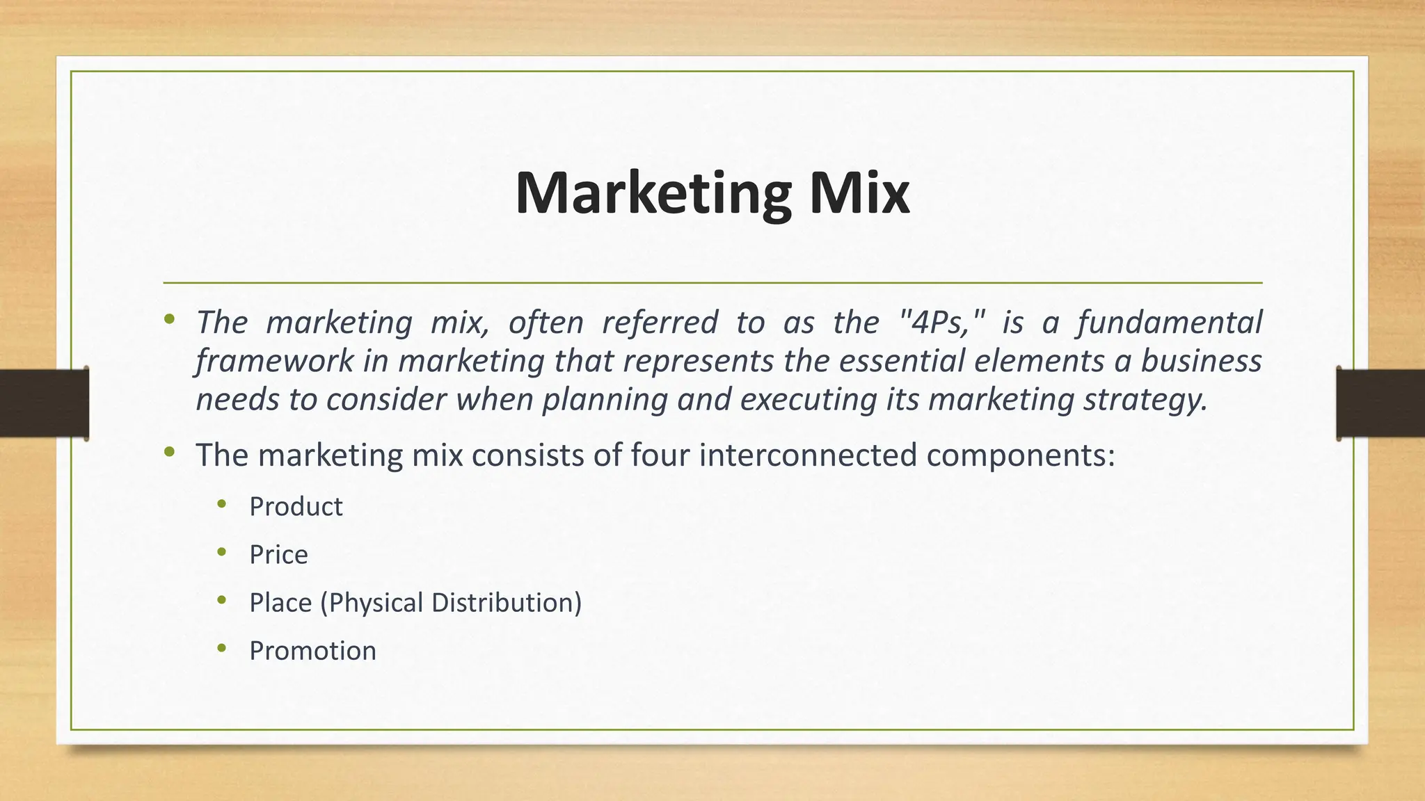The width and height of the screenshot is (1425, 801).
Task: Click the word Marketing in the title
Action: tap(653, 195)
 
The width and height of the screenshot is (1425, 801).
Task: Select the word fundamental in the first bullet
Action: tap(1170, 323)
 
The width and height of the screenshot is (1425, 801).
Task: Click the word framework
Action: tap(274, 362)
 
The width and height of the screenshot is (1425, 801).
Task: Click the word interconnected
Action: tap(808, 455)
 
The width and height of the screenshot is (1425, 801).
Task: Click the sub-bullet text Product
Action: tap(296, 507)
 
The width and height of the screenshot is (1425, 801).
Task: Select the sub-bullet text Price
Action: tap(278, 555)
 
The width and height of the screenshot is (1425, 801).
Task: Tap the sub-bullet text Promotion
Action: tap(312, 652)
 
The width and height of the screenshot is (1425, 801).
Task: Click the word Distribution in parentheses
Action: tap(506, 603)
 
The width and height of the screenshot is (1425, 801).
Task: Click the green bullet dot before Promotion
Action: tap(222, 648)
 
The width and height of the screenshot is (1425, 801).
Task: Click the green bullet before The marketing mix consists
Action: tap(170, 453)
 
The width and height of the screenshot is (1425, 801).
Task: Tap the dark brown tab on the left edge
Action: tap(44, 404)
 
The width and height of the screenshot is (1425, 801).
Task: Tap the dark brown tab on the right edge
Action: tap(1380, 404)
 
